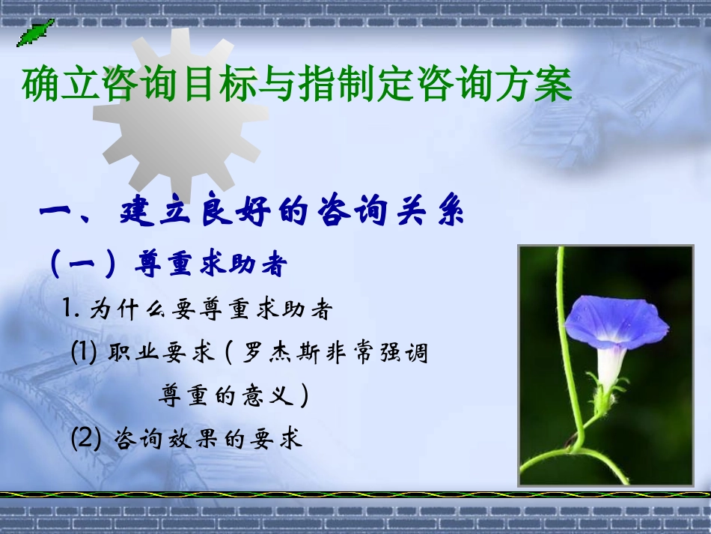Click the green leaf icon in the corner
(x=34, y=31)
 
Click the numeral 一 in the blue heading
(x=59, y=213)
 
